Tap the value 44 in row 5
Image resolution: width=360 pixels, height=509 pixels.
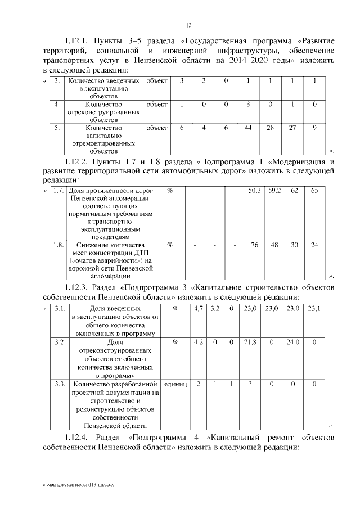[247, 128]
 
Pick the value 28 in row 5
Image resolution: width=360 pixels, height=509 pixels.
[270, 128]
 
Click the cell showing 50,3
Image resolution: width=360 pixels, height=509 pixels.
[254, 191]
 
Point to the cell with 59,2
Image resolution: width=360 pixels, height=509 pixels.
[274, 191]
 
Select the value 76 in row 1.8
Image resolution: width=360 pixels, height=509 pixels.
[254, 245]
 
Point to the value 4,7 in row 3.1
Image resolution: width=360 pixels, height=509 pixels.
[198, 308]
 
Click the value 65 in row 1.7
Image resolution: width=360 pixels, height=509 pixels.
[314, 191]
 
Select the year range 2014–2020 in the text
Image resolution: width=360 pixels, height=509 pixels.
[258, 60]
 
